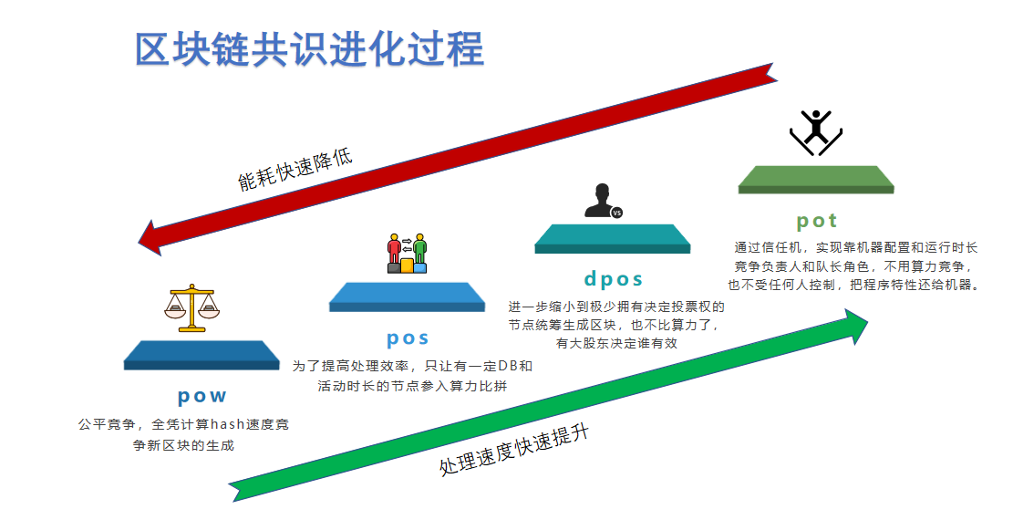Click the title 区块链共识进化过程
pyautogui.click(x=309, y=49)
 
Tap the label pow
pyautogui.click(x=202, y=395)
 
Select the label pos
pyautogui.click(x=408, y=338)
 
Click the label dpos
pyautogui.click(x=613, y=279)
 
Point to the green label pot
pyautogui.click(x=817, y=221)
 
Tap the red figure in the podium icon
pyautogui.click(x=394, y=249)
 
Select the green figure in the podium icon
pyautogui.click(x=420, y=249)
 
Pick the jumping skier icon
pyautogui.click(x=816, y=132)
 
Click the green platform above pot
pyautogui.click(x=816, y=180)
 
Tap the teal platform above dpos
pyautogui.click(x=613, y=239)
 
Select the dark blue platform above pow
pyautogui.click(x=202, y=355)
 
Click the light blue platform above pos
pyautogui.click(x=407, y=296)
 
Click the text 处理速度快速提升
pyautogui.click(x=514, y=450)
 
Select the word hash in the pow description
pyautogui.click(x=227, y=424)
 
